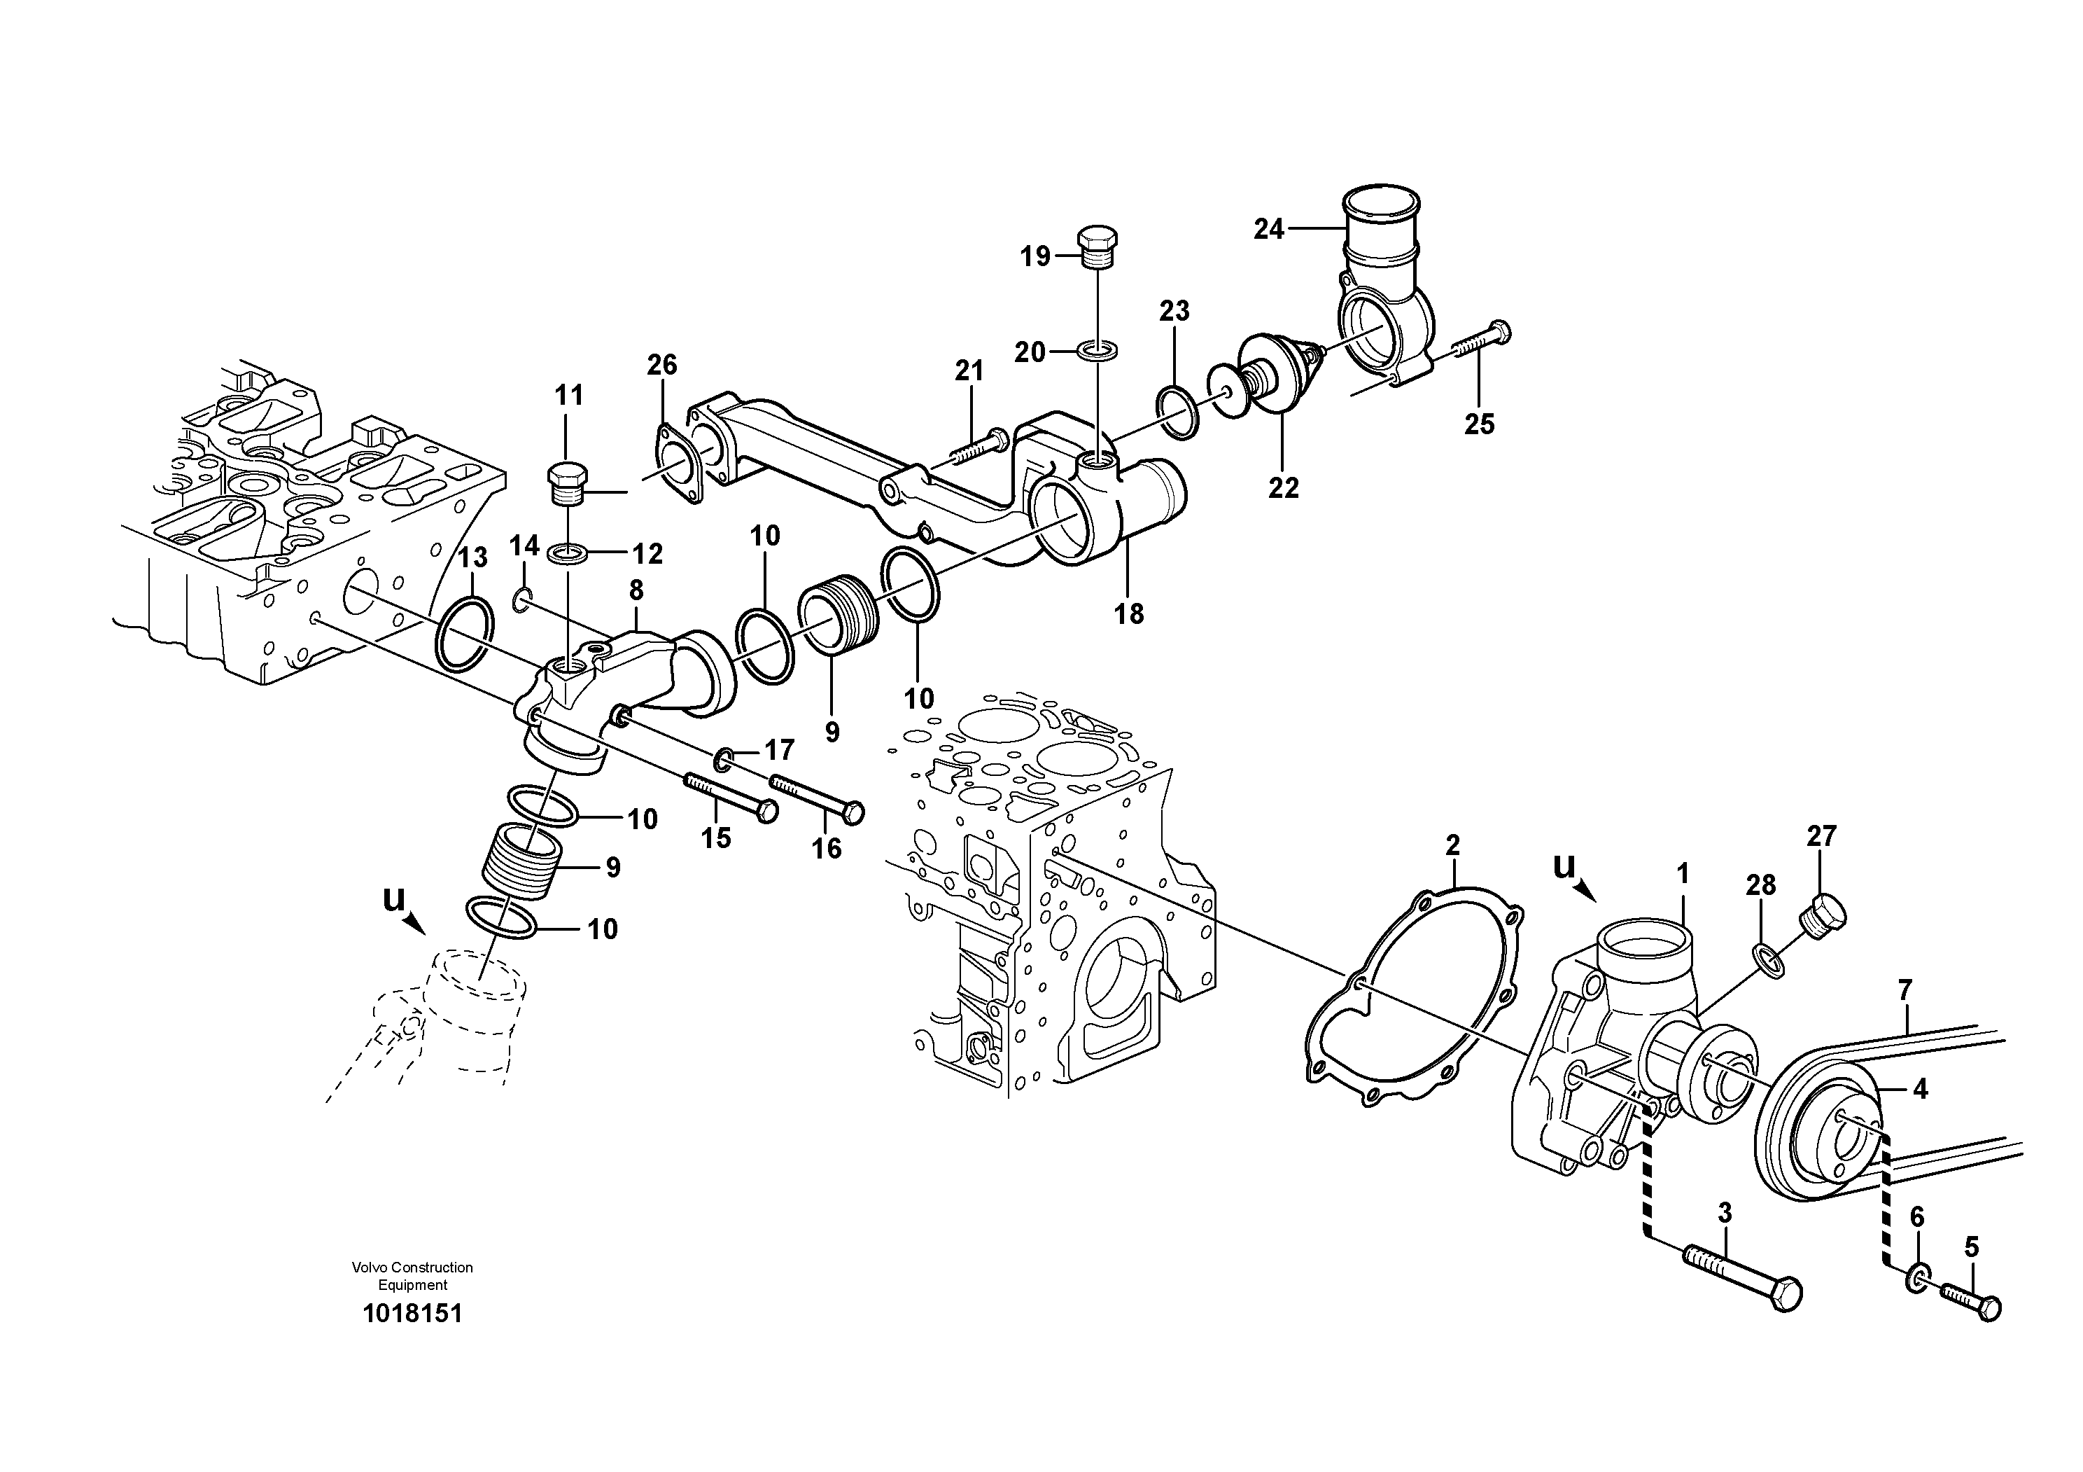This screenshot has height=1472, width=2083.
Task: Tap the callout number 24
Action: (1268, 230)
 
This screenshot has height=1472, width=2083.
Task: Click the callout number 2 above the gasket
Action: (1452, 846)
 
